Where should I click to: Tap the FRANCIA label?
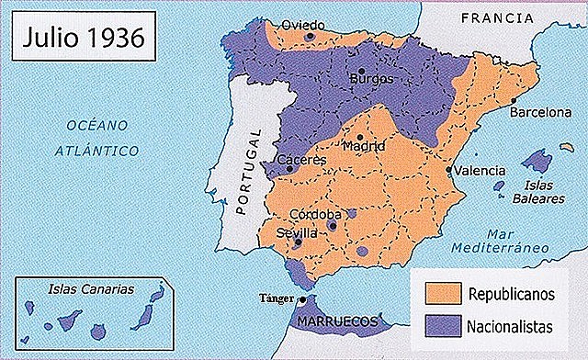(497, 17)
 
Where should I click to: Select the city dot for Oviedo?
(311, 37)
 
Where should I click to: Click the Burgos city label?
(371, 79)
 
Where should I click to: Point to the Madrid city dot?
(359, 136)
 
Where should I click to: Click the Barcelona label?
(541, 113)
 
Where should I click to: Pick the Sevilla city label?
(297, 233)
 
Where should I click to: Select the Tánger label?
(277, 299)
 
